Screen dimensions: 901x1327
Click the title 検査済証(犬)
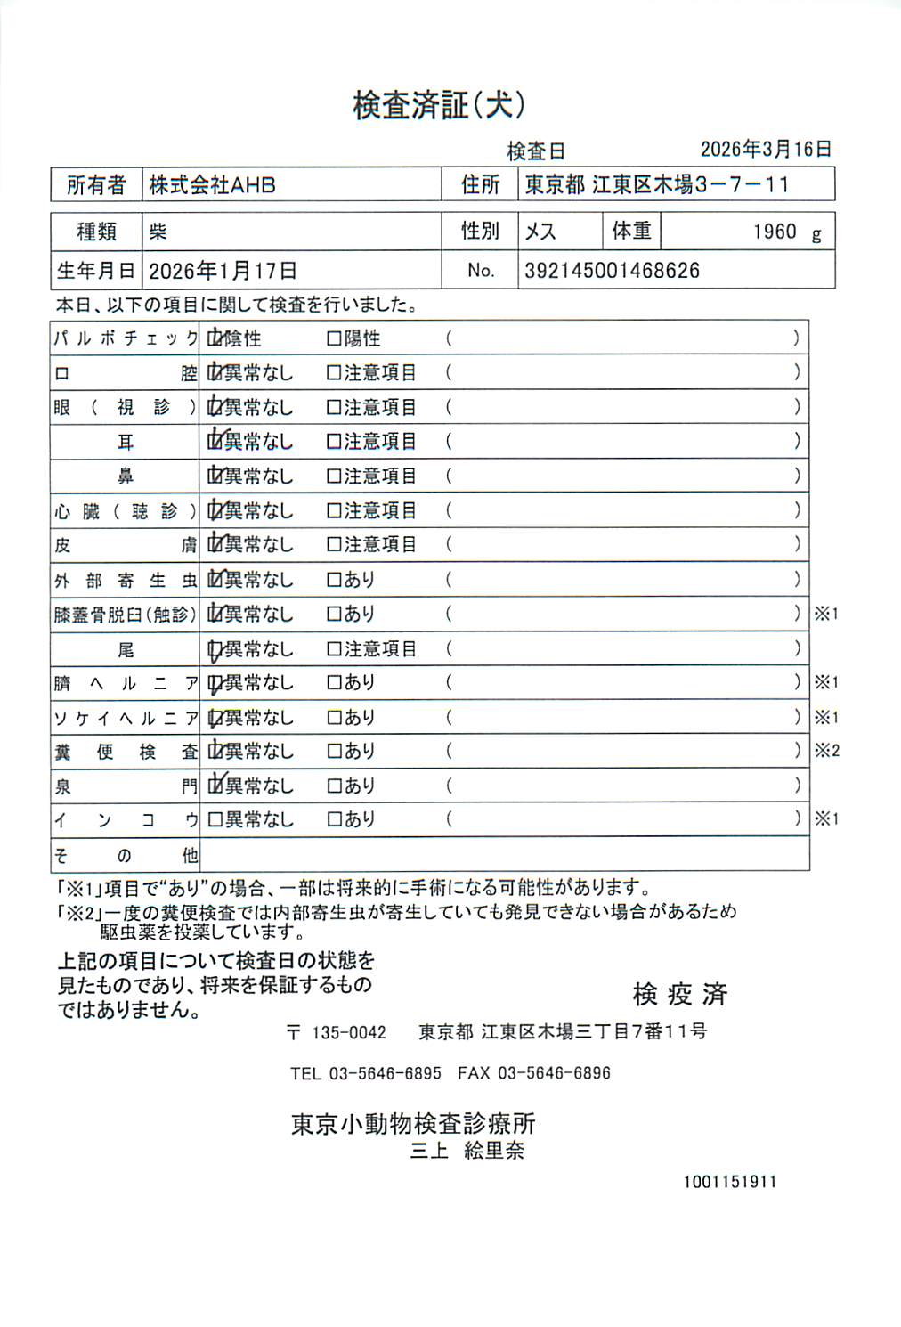439,106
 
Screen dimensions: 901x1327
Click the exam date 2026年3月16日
765,150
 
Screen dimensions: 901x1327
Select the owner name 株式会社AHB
212,185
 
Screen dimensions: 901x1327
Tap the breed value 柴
158,232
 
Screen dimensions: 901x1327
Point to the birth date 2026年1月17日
223,271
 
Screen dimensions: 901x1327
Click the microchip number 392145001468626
612,271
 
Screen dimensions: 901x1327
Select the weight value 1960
774,232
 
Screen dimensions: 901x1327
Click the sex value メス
540,232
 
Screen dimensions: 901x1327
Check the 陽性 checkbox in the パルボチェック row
334,339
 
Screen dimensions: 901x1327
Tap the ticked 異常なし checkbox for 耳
215,441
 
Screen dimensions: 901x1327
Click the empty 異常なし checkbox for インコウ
215,819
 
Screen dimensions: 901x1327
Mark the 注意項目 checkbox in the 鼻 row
334,476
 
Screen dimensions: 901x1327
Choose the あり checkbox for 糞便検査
334,752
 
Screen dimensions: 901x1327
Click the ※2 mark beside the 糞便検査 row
826,751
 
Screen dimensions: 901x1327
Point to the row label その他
125,856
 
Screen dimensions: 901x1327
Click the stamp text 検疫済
680,994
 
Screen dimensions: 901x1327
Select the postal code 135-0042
348,1032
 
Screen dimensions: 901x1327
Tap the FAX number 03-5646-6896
554,1073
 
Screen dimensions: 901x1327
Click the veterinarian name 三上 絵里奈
467,1151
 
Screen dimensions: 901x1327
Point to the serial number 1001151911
730,1182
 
